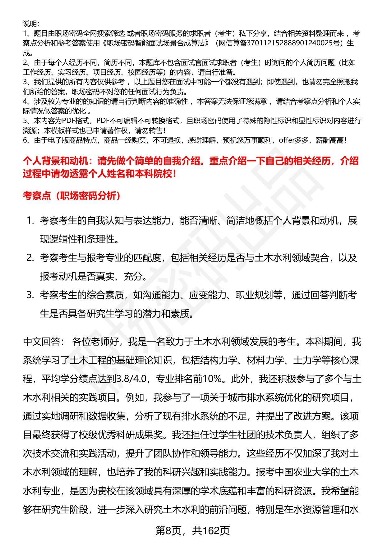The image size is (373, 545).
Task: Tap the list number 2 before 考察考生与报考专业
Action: click(x=30, y=258)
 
